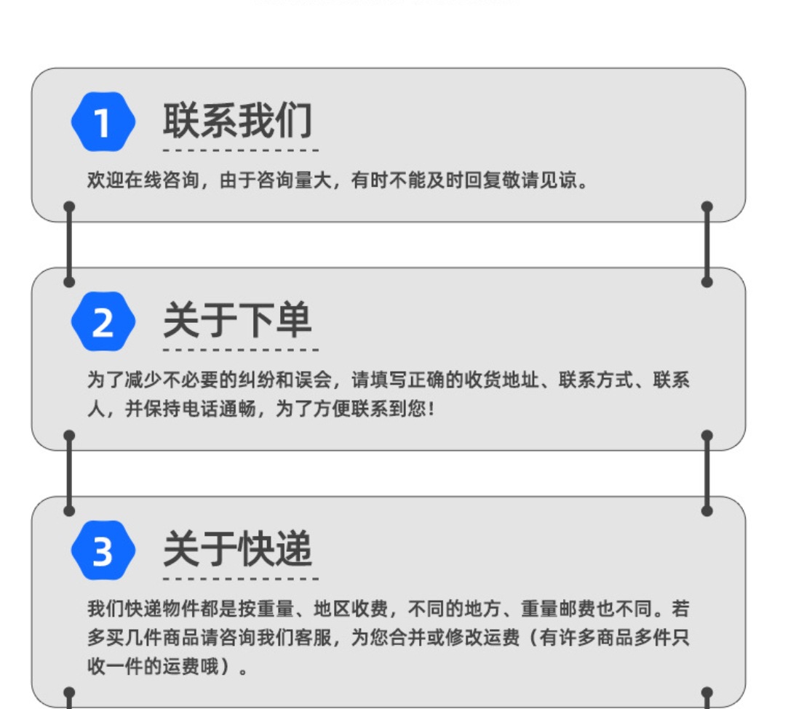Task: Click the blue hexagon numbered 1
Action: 103,122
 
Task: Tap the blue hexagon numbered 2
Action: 103,321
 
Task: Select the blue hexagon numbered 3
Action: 103,550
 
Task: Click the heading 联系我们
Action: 237,121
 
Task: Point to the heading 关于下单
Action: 237,320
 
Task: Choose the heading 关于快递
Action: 237,548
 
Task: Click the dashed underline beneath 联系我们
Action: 240,151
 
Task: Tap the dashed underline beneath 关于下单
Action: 240,350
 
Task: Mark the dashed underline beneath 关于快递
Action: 240,579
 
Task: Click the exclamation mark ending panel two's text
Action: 431,409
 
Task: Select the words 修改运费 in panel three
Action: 484,638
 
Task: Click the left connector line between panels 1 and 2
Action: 69,244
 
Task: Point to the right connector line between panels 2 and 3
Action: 707,473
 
